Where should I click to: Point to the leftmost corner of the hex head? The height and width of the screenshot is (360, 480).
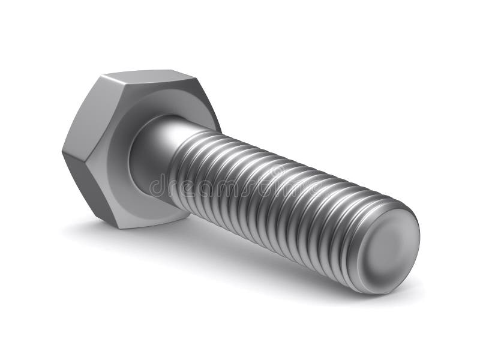click(x=62, y=150)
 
